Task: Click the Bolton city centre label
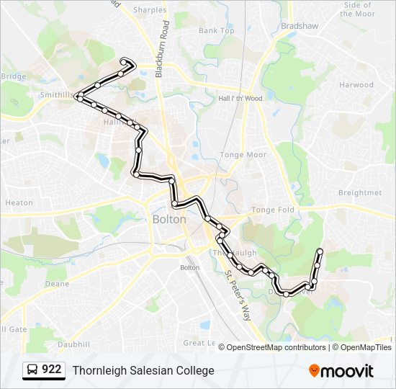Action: click(x=169, y=219)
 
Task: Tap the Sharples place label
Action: click(x=150, y=11)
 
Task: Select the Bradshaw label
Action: click(x=300, y=25)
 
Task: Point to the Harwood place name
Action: click(x=356, y=85)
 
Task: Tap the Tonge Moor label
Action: click(x=243, y=155)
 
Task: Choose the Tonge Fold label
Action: click(x=273, y=210)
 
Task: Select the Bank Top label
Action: click(x=217, y=31)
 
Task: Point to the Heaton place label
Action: click(x=19, y=203)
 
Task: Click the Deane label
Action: click(x=57, y=284)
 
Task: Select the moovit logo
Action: click(x=341, y=371)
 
